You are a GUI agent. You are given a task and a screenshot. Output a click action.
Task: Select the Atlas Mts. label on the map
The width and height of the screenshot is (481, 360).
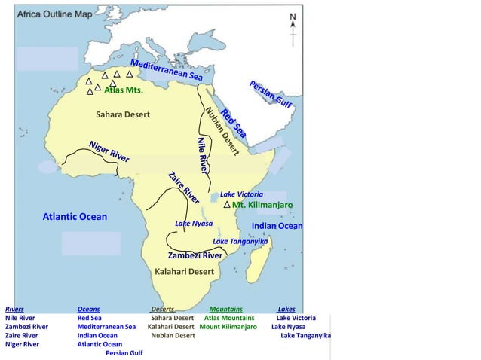point(123,90)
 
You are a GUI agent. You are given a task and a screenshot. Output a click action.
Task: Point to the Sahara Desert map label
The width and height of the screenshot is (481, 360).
point(122,115)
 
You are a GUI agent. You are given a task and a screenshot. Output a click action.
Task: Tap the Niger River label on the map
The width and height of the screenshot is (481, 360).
point(109,151)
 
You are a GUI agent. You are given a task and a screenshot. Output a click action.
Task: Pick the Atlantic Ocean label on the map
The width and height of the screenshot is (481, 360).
point(74,217)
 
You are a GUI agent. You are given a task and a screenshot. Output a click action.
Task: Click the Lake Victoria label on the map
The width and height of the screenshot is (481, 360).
point(241,194)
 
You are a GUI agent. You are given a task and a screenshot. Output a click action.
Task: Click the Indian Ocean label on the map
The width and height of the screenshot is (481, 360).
point(277,226)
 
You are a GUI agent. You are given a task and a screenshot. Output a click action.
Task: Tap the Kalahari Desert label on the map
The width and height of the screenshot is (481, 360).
point(185,271)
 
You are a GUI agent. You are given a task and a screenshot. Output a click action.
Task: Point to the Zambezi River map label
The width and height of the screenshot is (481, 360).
point(195,255)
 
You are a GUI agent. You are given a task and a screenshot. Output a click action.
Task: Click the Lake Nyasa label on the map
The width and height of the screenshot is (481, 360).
point(194,224)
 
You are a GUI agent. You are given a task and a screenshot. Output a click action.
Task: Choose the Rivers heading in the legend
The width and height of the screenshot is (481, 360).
point(14,309)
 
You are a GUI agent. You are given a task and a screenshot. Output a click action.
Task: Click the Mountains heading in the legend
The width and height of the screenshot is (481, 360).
point(225,309)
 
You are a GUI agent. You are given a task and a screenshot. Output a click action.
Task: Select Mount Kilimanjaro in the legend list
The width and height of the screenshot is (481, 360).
point(228,327)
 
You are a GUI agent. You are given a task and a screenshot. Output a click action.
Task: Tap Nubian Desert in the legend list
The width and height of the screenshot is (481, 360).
point(173,336)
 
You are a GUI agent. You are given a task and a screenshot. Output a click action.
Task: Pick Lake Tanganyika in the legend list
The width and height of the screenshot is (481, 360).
point(305,336)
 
